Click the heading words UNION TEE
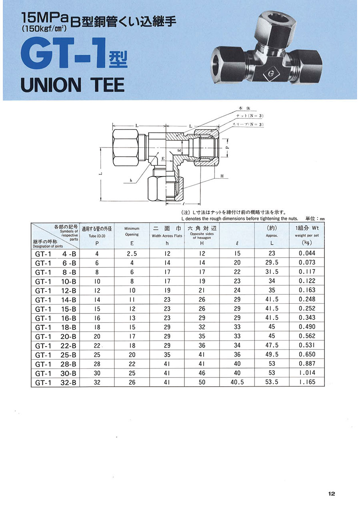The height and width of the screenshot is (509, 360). click(x=72, y=85)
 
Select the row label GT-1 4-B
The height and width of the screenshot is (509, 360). click(x=56, y=254)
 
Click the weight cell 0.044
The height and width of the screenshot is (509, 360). click(x=307, y=253)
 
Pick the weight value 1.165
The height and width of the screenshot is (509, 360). click(x=307, y=382)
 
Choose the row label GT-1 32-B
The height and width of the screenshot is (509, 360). click(x=56, y=383)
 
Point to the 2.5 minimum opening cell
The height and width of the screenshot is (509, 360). click(x=132, y=254)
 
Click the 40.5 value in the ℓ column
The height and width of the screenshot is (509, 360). click(x=237, y=382)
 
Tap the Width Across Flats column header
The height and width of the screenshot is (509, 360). click(x=167, y=236)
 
